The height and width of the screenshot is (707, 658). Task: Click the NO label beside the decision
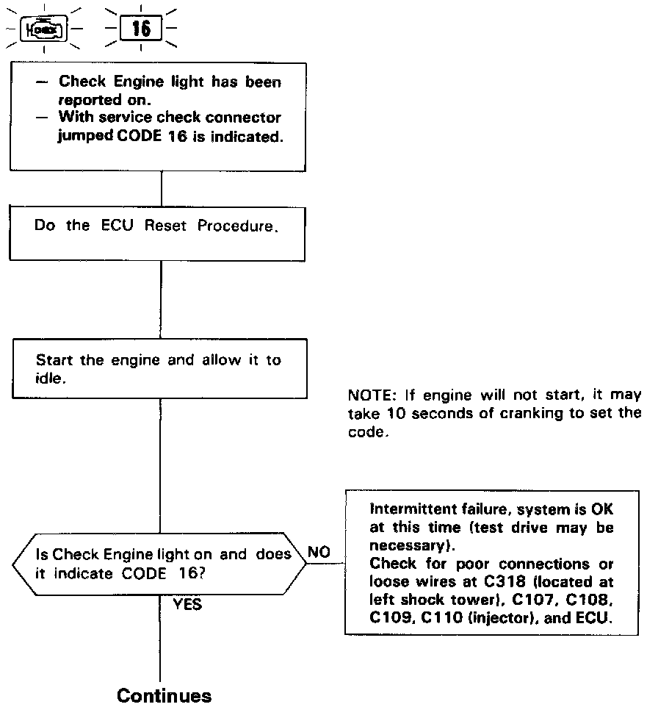[319, 550]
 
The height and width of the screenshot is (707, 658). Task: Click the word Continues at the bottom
[164, 695]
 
